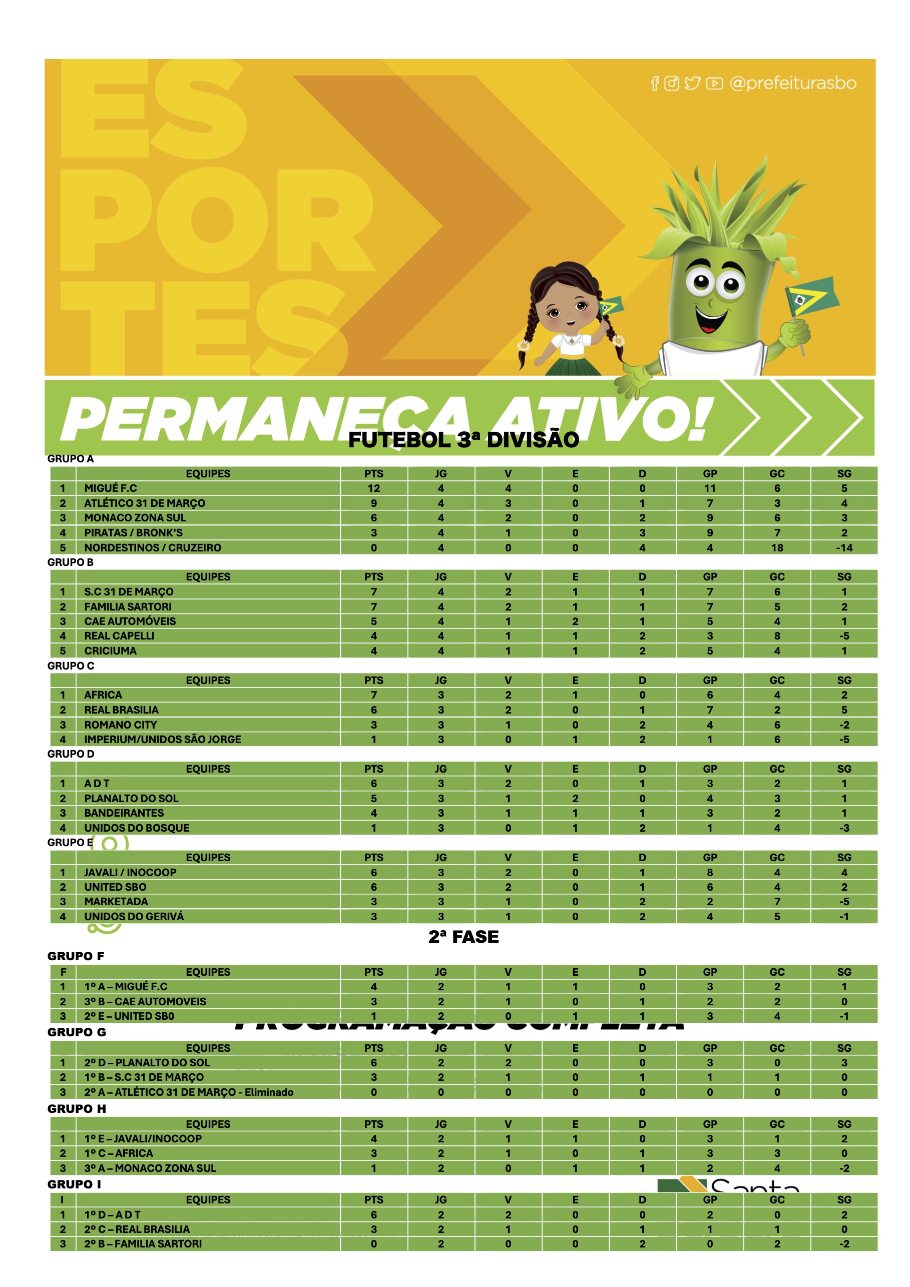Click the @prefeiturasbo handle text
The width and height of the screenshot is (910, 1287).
tap(792, 84)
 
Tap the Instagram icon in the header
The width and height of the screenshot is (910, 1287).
tap(671, 84)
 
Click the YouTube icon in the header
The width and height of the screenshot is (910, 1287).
tap(714, 84)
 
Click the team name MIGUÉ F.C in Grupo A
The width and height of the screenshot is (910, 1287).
tap(111, 488)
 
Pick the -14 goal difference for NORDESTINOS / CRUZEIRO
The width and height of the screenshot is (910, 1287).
tap(844, 547)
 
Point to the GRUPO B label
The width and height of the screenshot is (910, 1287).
tap(70, 562)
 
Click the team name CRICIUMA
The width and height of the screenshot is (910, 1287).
tap(111, 651)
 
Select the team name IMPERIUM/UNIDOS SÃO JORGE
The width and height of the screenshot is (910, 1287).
tap(163, 740)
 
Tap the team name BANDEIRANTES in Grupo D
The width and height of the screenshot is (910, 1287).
tap(124, 813)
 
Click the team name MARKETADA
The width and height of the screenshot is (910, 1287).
tap(116, 901)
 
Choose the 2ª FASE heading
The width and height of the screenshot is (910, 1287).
tap(463, 937)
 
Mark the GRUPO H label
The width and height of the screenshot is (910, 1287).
tap(76, 1109)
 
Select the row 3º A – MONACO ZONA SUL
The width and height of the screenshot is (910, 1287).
tap(150, 1168)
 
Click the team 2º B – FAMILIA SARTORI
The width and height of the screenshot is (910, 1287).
tap(143, 1243)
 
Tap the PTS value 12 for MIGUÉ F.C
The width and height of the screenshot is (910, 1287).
tap(373, 488)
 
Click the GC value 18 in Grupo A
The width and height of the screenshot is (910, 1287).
tap(776, 547)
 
